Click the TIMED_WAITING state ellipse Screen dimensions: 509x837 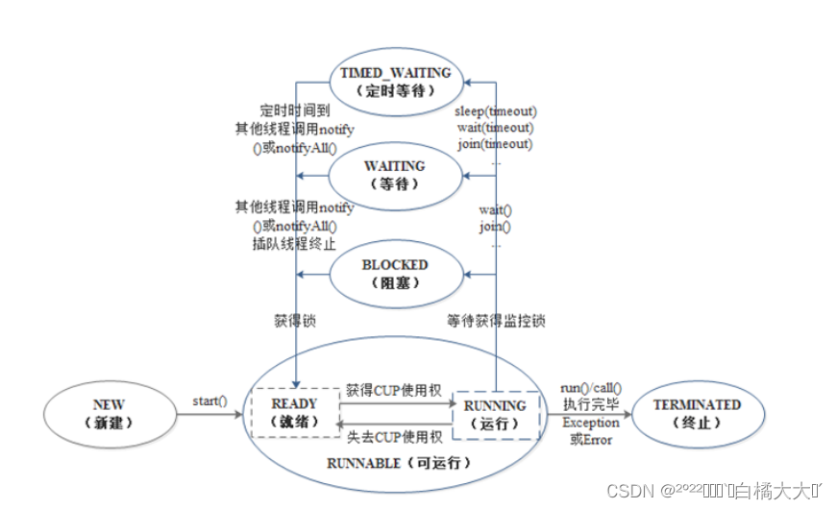(x=396, y=81)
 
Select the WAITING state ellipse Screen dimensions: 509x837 (x=394, y=175)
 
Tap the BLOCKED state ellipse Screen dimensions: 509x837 (x=395, y=273)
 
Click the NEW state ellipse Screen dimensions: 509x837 (x=109, y=414)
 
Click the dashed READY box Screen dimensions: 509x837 (x=295, y=414)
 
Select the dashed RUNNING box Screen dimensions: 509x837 (x=495, y=414)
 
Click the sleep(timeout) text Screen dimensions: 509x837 (x=496, y=110)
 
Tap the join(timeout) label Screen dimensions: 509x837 (x=495, y=143)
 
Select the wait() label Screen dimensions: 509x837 (x=495, y=209)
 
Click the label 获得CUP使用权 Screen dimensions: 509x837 (x=393, y=389)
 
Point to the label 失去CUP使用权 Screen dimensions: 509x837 (x=393, y=438)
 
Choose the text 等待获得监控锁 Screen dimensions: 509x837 (x=497, y=322)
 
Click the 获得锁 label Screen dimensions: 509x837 (x=296, y=322)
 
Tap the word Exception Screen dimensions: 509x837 (x=591, y=422)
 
